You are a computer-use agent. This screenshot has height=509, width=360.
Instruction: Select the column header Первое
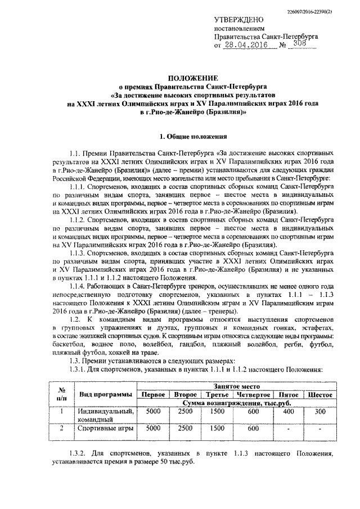pos(153,395)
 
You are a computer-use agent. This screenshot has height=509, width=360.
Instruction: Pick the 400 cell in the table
pos(289,411)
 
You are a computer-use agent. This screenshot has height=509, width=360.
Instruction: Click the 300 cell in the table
pos(319,411)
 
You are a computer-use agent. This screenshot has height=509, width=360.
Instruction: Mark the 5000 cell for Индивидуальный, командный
pos(153,411)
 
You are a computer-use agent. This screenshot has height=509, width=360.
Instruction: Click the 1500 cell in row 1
pos(217,411)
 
